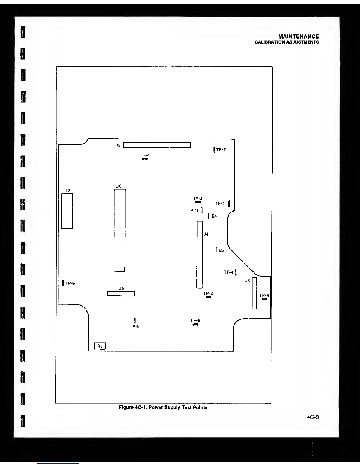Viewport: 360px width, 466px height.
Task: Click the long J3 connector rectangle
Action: click(x=157, y=145)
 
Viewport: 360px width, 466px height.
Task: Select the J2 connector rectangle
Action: click(x=67, y=211)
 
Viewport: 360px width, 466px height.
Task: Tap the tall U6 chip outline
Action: click(x=119, y=230)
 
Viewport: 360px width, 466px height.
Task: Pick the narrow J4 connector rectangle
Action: click(x=199, y=254)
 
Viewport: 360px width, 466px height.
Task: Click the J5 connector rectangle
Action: click(x=121, y=294)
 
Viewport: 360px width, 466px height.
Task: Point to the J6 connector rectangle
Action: click(x=254, y=293)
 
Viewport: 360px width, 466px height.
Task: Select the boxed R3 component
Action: click(x=100, y=346)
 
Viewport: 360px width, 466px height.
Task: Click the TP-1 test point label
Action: click(x=145, y=155)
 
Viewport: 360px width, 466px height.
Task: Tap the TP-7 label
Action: click(x=221, y=150)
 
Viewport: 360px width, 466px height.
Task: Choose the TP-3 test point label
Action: click(x=198, y=199)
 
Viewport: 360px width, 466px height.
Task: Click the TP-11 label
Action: click(x=221, y=203)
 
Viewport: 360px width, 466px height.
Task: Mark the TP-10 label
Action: click(x=193, y=211)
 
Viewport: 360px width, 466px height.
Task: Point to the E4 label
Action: click(x=214, y=216)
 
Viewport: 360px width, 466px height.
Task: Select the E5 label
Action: click(x=221, y=250)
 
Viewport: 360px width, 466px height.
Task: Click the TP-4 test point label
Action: click(x=229, y=272)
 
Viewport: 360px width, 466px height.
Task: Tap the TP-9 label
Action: click(x=70, y=283)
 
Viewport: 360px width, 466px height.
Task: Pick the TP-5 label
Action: click(x=134, y=327)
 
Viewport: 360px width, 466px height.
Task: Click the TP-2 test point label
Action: click(x=208, y=293)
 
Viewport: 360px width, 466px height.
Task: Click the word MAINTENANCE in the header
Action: click(x=298, y=36)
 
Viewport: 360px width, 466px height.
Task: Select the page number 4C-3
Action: click(x=313, y=417)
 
